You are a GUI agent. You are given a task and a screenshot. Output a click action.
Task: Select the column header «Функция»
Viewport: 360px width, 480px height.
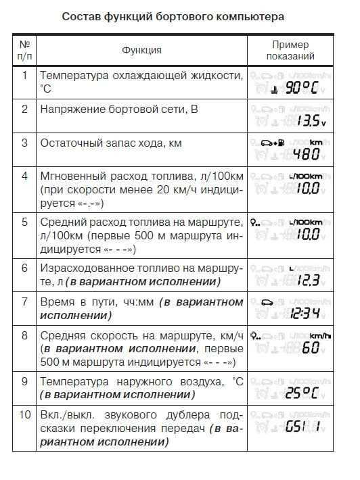(141, 50)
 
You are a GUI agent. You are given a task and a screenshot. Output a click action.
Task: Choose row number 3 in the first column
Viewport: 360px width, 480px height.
(24, 143)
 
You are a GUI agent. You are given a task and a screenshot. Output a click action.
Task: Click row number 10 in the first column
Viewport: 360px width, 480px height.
(24, 414)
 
